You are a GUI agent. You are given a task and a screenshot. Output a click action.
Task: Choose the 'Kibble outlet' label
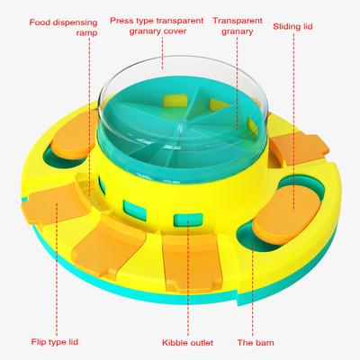[188, 343]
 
